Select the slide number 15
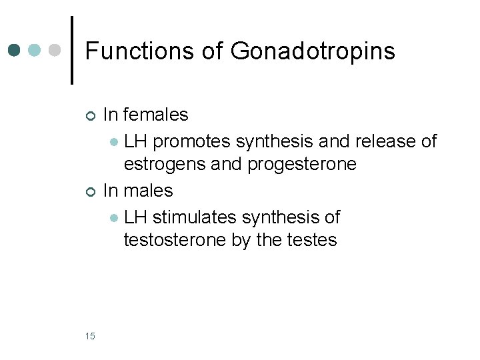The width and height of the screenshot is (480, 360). [91, 335]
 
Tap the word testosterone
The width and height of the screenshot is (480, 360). [175, 240]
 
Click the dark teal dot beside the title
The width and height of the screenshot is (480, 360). [15, 51]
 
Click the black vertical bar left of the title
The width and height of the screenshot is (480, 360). [73, 51]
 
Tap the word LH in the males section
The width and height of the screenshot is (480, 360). [136, 217]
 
